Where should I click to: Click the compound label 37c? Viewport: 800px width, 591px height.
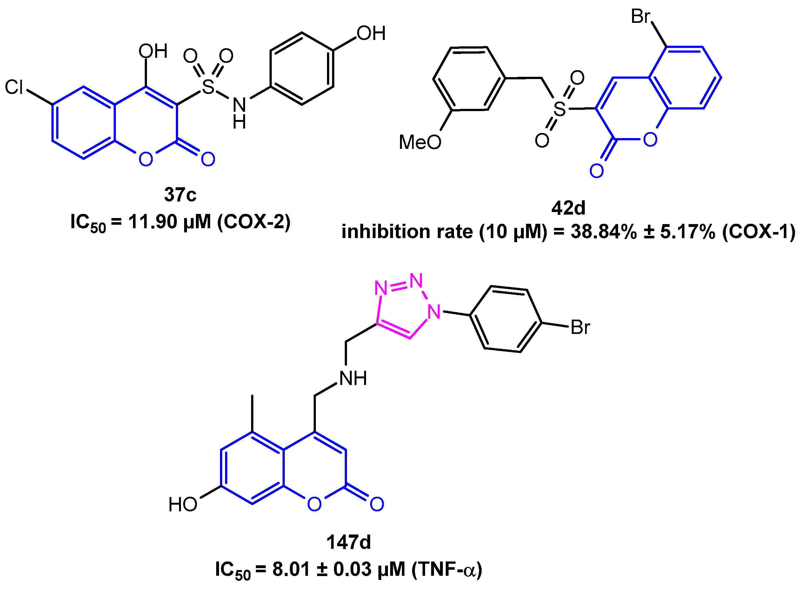click(x=180, y=195)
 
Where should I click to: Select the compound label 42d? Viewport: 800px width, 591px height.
click(x=568, y=208)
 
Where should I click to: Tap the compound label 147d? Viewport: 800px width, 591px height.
click(x=349, y=542)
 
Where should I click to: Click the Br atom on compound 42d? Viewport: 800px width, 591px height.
click(x=640, y=17)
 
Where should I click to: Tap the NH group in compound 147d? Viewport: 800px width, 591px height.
click(x=353, y=378)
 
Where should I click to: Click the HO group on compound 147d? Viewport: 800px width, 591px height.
click(x=183, y=505)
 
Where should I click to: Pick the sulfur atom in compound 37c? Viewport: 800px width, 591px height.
click(x=208, y=87)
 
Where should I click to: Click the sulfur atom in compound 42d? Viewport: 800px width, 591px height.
click(x=560, y=109)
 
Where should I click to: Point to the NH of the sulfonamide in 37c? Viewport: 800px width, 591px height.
click(x=239, y=112)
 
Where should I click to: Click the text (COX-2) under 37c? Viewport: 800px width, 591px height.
click(x=254, y=222)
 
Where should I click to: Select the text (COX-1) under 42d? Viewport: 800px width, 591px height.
click(x=758, y=231)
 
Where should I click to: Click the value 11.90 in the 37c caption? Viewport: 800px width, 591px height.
click(x=152, y=222)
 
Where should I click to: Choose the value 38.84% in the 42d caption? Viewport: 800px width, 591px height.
click(x=603, y=231)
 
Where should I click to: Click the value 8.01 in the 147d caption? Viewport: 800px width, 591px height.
click(x=291, y=569)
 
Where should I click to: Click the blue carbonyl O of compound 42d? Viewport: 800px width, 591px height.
click(x=597, y=171)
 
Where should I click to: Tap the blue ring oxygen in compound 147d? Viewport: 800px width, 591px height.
click(x=315, y=504)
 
